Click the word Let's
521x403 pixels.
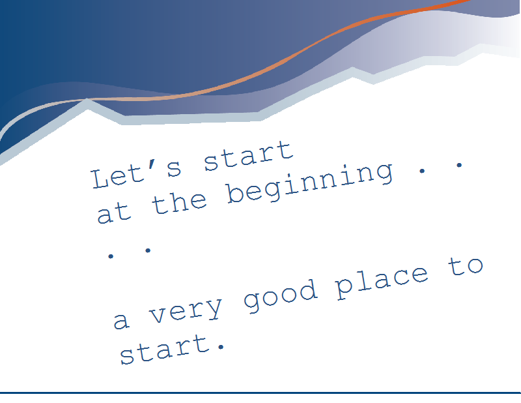coord(136,173)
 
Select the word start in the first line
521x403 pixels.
coord(249,156)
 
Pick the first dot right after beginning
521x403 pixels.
coord(422,171)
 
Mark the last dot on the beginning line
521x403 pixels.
coord(459,165)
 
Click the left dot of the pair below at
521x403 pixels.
coord(111,256)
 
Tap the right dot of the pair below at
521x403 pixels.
coord(148,250)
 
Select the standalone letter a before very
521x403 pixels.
coord(121,321)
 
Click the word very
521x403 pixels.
coord(186,310)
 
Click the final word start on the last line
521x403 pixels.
coord(165,350)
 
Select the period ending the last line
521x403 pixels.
coord(221,347)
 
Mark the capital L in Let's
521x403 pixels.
coord(101,179)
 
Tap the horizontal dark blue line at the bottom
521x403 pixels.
coord(260,393)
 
